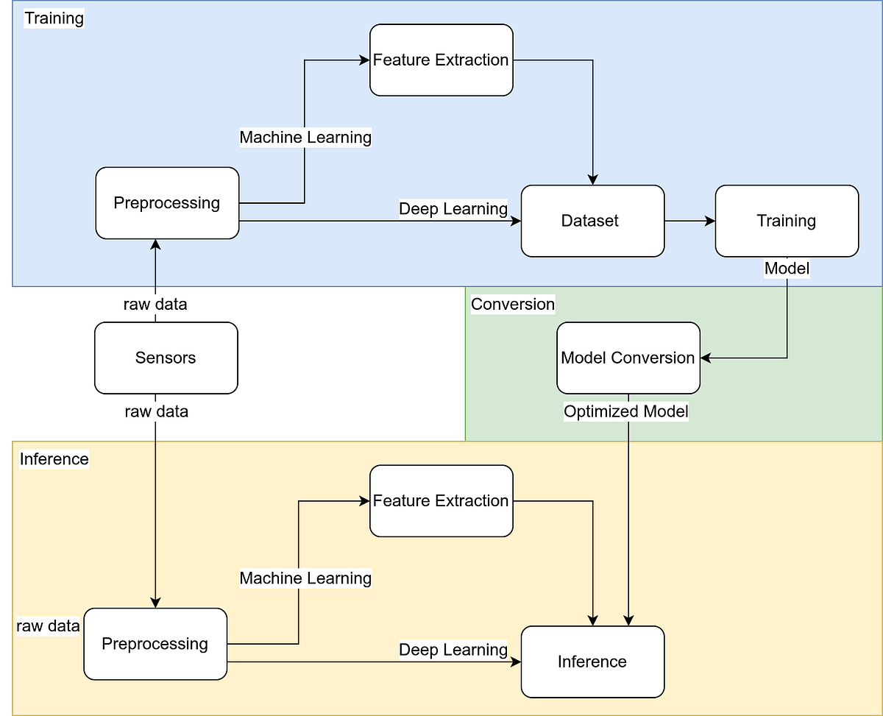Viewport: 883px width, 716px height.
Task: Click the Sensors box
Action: [x=166, y=358]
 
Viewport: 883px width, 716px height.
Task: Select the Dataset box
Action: [x=592, y=221]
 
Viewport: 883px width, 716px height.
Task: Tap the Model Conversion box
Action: [x=628, y=358]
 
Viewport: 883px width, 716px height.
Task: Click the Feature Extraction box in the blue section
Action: [x=441, y=60]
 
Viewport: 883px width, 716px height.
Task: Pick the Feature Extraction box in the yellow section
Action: [x=441, y=500]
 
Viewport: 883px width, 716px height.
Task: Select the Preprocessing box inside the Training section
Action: [x=167, y=203]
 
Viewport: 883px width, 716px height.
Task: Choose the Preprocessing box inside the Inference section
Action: [x=155, y=644]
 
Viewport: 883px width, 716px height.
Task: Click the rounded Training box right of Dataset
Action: [x=787, y=221]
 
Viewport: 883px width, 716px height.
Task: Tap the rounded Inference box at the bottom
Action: [x=592, y=662]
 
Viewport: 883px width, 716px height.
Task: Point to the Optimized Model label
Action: [x=626, y=411]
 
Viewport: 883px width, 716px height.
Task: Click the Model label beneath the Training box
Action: [x=787, y=269]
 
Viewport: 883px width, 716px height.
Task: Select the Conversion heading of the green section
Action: [x=513, y=304]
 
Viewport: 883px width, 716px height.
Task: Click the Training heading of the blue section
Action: [x=54, y=18]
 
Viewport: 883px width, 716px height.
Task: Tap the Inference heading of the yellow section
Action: [x=54, y=459]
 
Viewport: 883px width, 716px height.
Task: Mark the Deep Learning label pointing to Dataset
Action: [x=453, y=209]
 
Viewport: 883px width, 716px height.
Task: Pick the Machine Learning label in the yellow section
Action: [x=305, y=578]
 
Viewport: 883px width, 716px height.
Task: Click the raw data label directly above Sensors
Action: [x=155, y=304]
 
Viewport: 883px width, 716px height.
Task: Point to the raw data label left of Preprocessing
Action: [x=49, y=626]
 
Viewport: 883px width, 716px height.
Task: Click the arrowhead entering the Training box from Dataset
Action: [x=710, y=221]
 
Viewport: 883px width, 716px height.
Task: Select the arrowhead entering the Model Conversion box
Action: [x=706, y=358]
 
